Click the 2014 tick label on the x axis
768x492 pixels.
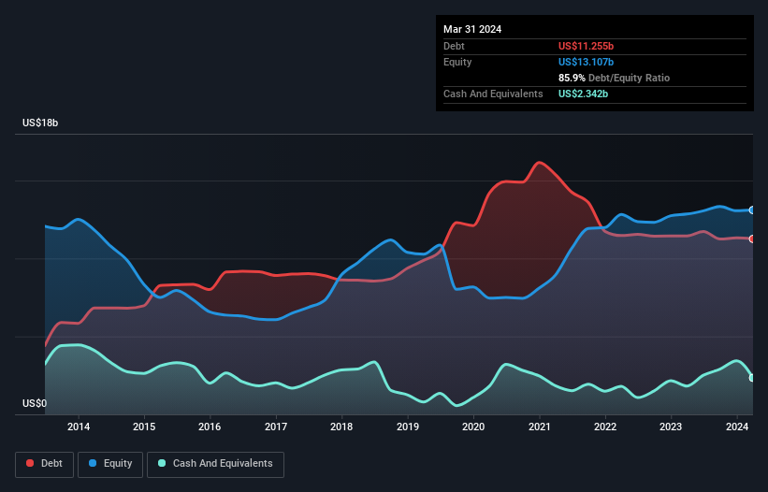click(79, 427)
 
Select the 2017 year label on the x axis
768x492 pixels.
click(276, 427)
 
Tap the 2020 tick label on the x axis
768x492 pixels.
click(473, 427)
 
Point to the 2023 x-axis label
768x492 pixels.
click(671, 427)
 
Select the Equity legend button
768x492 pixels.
click(110, 463)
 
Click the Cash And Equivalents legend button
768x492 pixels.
click(215, 463)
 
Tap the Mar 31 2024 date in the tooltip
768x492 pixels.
click(472, 29)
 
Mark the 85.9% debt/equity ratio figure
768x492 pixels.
click(572, 78)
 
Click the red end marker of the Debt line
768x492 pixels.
click(752, 239)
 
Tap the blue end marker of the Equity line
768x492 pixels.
click(752, 210)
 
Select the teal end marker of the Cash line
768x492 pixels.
click(752, 378)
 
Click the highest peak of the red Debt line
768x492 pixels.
click(539, 163)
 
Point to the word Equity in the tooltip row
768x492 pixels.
click(457, 62)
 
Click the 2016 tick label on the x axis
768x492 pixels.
click(210, 427)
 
